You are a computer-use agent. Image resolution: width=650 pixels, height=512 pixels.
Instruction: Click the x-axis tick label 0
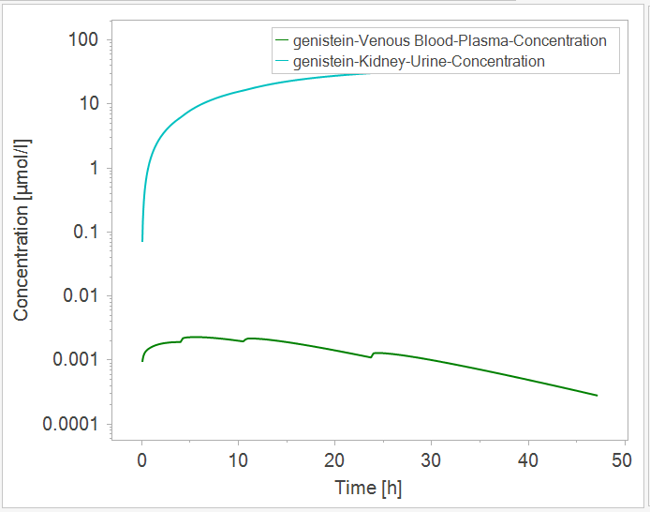click(x=141, y=461)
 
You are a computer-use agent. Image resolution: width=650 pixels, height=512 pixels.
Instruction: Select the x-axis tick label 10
click(x=238, y=461)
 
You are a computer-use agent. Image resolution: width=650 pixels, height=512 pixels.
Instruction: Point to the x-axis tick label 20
click(x=334, y=461)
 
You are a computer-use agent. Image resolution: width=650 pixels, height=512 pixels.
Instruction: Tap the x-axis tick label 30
click(x=431, y=461)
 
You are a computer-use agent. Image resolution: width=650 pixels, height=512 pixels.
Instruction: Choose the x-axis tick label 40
click(x=528, y=461)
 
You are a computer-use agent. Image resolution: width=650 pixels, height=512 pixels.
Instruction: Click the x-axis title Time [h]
click(x=368, y=488)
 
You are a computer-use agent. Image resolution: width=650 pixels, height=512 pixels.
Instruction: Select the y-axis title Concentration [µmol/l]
click(x=22, y=230)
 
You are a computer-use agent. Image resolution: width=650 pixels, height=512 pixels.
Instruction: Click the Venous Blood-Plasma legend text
click(x=450, y=41)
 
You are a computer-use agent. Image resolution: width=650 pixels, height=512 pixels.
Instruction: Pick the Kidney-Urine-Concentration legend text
click(x=419, y=62)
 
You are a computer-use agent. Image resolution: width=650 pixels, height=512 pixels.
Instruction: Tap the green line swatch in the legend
click(x=281, y=41)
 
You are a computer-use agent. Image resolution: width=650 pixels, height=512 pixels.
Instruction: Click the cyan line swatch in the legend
click(x=281, y=62)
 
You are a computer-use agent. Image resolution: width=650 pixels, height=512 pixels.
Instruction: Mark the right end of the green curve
click(x=597, y=396)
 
